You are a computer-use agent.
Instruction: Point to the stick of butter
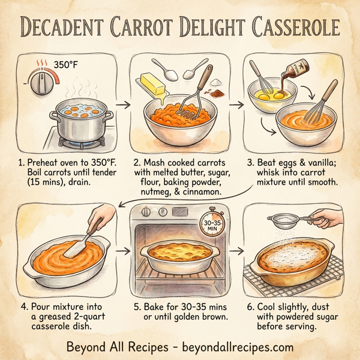(x=154, y=84)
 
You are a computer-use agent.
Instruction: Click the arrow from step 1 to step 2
(x=122, y=104)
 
